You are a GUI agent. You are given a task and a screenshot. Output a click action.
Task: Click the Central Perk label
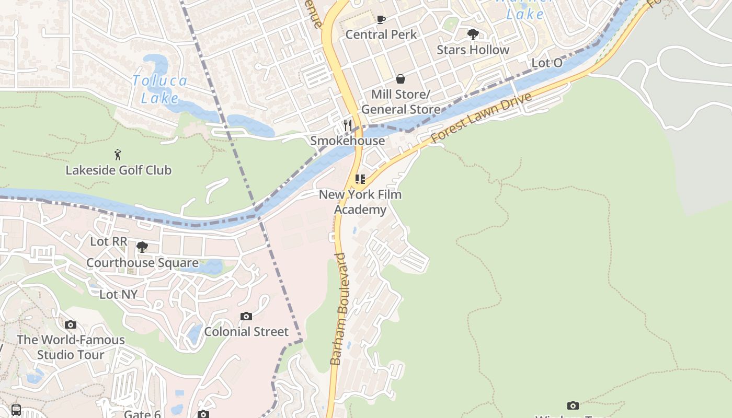[381, 34]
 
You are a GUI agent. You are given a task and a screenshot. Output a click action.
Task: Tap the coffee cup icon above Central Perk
[381, 20]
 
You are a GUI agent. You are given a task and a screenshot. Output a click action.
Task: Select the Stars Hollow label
[473, 50]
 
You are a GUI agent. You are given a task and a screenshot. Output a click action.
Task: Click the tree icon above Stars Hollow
[473, 35]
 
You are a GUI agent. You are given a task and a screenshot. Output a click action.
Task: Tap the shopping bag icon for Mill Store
[401, 79]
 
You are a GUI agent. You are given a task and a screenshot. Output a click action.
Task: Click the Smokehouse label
[347, 141]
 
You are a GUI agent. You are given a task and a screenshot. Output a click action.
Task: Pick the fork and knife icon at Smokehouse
[348, 125]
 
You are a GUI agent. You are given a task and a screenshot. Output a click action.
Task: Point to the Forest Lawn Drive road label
[481, 118]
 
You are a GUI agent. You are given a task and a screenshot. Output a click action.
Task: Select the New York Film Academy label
[360, 202]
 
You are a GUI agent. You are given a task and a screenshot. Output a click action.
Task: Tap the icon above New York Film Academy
[360, 179]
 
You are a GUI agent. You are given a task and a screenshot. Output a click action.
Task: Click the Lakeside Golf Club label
[118, 170]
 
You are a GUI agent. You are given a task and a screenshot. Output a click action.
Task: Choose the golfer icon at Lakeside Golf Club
[118, 155]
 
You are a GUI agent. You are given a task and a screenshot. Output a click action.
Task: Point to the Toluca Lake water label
[159, 89]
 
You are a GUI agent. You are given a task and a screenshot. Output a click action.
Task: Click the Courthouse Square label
[142, 262]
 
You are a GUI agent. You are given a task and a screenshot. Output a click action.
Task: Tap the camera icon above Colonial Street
[246, 316]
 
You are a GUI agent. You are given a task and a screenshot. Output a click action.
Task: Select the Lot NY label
[118, 294]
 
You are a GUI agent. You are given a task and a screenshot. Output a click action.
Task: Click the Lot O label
[547, 63]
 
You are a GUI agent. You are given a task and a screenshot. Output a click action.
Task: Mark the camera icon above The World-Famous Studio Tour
[71, 324]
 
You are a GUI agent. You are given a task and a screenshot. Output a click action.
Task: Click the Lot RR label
[109, 241]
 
